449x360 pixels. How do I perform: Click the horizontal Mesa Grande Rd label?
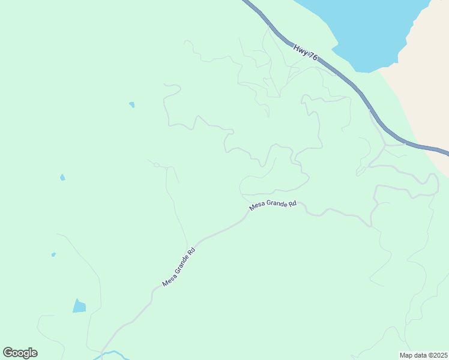273,205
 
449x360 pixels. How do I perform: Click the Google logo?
20,353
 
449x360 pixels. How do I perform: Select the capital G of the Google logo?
8,353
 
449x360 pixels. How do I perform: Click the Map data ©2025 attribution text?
424,355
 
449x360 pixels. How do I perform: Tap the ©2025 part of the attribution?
436,355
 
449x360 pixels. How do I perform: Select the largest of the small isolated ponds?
79,307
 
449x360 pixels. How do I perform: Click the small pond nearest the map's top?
131,104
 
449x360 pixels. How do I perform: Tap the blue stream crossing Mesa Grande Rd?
111,354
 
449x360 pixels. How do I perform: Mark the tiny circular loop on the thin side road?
156,164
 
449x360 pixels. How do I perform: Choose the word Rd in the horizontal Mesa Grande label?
292,204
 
